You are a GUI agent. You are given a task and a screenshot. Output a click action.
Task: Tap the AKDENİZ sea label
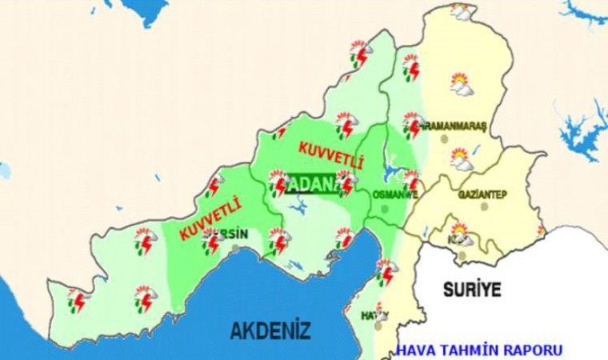(270, 329)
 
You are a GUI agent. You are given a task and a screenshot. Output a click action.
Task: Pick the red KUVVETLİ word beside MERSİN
(211, 218)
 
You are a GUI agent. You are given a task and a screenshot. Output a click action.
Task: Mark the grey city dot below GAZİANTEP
(484, 206)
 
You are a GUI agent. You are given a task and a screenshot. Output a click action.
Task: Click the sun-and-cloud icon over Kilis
(462, 238)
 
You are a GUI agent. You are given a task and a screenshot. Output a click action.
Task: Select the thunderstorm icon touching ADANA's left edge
(278, 183)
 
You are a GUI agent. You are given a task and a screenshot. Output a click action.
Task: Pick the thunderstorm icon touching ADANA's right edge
(346, 183)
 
